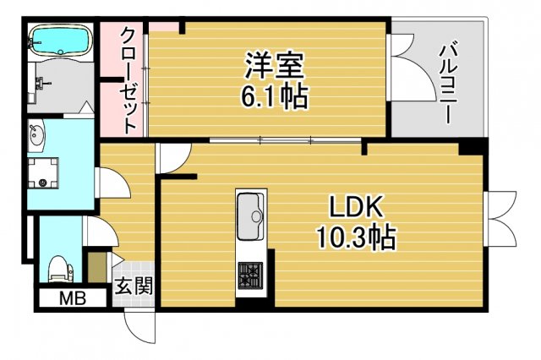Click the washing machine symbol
pos(41,174)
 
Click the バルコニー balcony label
pos(447,80)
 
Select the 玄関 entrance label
pos(134,286)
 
